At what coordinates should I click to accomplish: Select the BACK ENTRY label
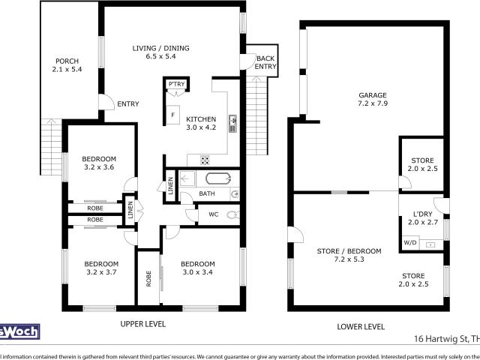click(x=265, y=62)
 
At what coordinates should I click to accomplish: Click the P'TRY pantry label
click(x=176, y=84)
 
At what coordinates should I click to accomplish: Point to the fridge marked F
click(x=173, y=115)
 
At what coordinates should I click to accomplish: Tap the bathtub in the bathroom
click(x=219, y=178)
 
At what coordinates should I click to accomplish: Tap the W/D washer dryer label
click(x=410, y=243)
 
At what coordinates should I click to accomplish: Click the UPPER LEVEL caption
click(x=142, y=325)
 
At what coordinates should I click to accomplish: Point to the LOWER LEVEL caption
click(x=362, y=327)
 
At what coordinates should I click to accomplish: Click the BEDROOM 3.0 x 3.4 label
click(x=198, y=268)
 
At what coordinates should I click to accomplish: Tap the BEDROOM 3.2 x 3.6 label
click(x=99, y=163)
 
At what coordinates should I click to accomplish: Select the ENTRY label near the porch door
click(x=127, y=104)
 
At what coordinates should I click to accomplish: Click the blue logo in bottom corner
click(x=19, y=331)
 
